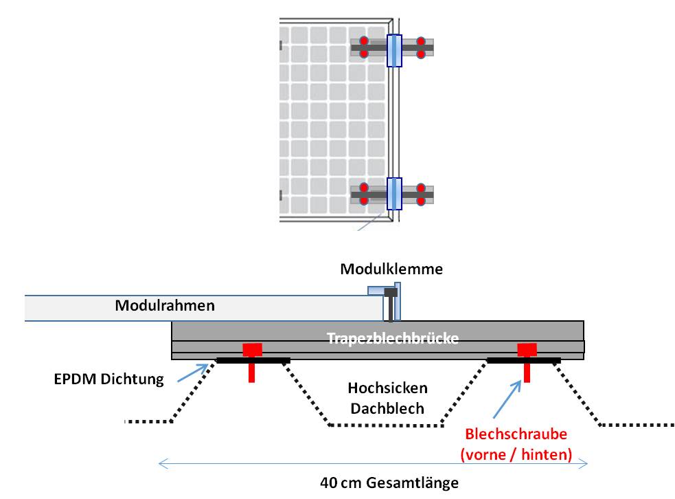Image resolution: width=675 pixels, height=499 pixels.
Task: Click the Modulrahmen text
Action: (164, 305)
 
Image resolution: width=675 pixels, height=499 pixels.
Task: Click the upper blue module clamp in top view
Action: (394, 50)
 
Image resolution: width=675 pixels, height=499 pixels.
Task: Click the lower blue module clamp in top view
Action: (394, 193)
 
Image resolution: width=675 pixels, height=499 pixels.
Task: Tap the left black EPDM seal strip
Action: (253, 360)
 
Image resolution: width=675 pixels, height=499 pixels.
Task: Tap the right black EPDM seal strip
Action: (523, 360)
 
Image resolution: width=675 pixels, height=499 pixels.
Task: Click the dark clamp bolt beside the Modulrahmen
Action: (391, 304)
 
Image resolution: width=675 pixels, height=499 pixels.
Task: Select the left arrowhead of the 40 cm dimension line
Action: (162, 464)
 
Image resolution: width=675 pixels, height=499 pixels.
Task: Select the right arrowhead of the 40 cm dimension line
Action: (586, 464)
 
